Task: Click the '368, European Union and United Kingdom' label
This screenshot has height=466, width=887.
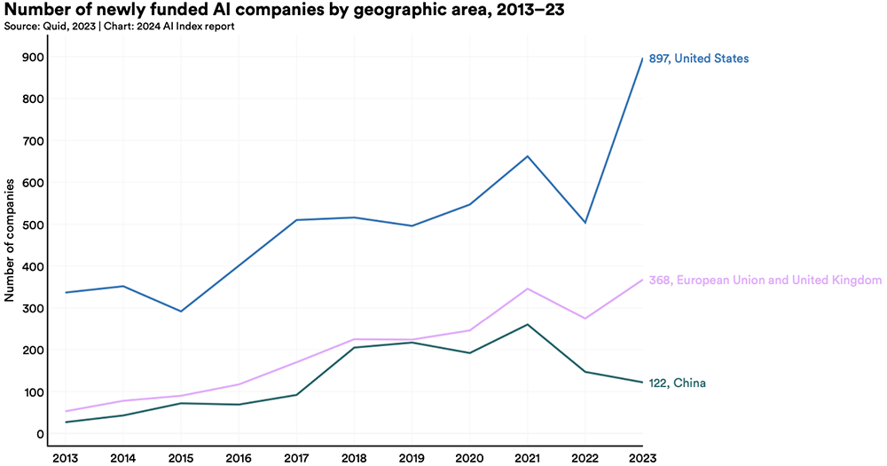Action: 765,280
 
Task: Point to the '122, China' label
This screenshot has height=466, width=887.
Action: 678,383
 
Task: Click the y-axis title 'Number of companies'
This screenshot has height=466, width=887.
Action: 10,240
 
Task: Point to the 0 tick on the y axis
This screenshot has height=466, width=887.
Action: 41,434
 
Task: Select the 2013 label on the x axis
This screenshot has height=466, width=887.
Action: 66,455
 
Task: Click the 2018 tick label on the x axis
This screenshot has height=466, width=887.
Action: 354,455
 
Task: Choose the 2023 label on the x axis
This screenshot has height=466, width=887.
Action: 642,455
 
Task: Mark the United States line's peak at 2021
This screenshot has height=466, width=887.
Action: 527,156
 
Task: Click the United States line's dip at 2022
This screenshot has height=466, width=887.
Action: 585,223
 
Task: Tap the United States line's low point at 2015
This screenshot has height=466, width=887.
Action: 181,312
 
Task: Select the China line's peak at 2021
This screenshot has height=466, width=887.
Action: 527,325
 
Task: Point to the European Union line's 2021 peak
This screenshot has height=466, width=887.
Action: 527,288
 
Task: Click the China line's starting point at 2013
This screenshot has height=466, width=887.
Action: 66,423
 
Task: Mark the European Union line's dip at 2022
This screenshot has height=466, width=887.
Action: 585,319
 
